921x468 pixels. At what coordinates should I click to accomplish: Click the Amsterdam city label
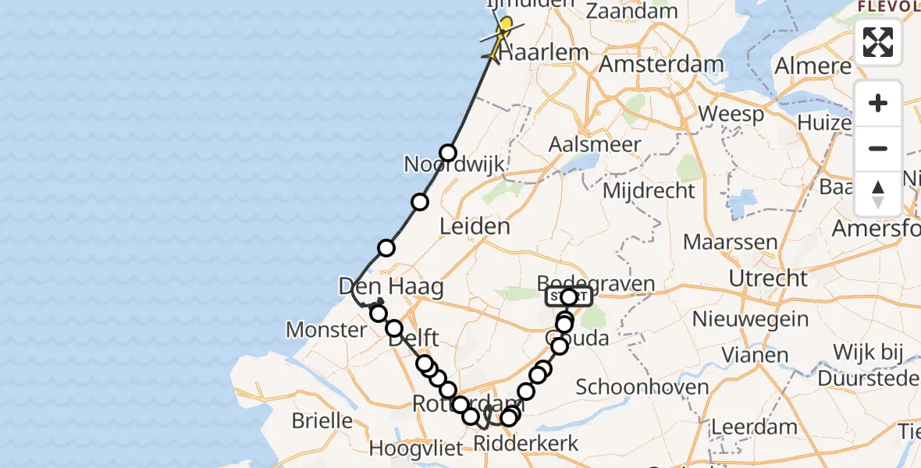click(660, 64)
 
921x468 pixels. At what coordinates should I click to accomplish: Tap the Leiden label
click(475, 227)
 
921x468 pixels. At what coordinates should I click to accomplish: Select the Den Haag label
click(391, 286)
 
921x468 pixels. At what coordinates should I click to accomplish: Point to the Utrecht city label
click(768, 278)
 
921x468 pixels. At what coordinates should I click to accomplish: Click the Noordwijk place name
click(454, 165)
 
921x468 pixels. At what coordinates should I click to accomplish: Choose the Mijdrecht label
click(649, 190)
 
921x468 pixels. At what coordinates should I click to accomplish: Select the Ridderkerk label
click(527, 444)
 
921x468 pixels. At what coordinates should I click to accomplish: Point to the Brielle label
click(322, 421)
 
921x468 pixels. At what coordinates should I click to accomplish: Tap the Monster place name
click(326, 330)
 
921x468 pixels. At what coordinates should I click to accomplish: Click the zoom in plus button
click(878, 103)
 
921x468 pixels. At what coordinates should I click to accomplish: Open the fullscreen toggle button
click(878, 42)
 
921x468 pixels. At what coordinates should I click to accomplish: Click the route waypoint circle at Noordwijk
click(447, 153)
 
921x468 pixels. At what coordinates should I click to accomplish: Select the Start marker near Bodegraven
click(567, 297)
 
